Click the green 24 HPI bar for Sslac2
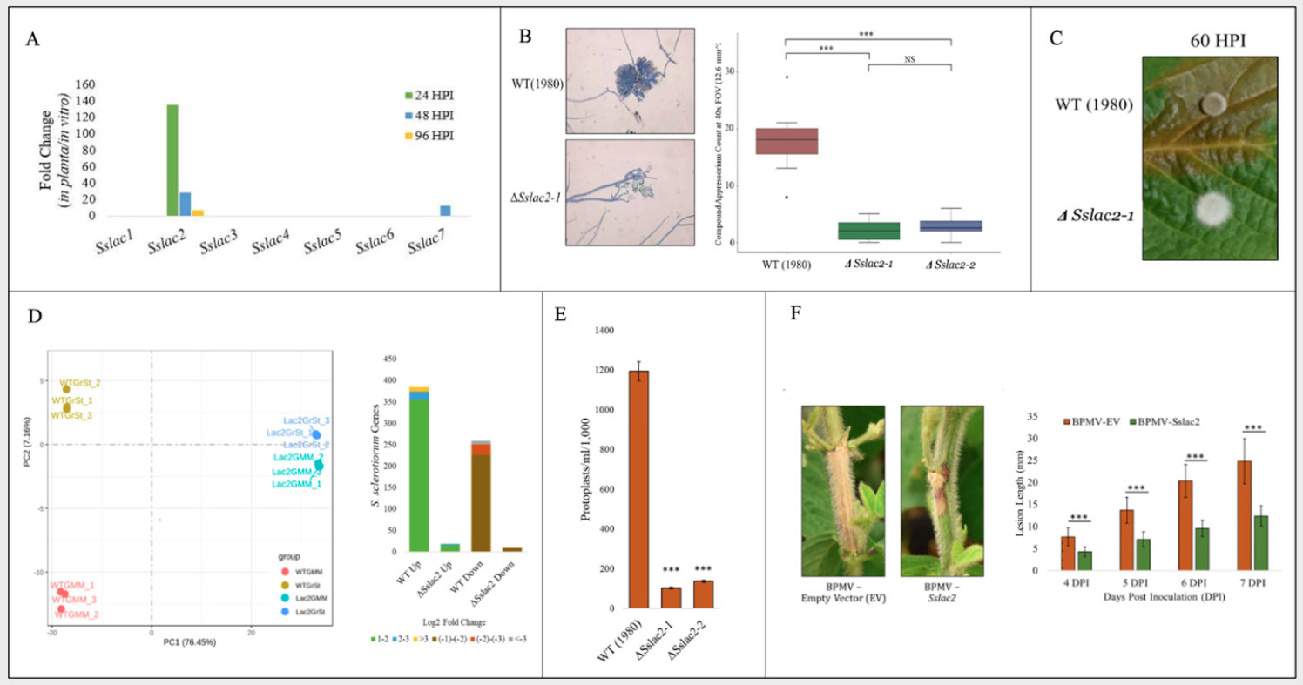172,160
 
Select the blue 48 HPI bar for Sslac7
444,211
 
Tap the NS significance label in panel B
909,59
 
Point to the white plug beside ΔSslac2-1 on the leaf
1210,210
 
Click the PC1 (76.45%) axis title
189,642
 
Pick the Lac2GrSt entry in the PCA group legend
310,614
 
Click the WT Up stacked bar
419,469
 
